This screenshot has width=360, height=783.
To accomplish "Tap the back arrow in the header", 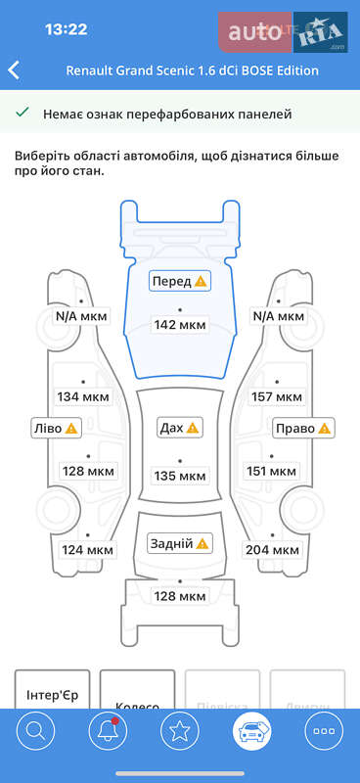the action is (x=14, y=70).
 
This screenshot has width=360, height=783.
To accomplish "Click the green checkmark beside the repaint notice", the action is (x=22, y=114).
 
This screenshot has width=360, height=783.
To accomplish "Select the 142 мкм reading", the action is (x=180, y=325).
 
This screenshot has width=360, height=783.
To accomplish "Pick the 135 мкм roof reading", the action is (x=180, y=476).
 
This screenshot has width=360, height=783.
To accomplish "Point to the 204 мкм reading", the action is (x=272, y=550).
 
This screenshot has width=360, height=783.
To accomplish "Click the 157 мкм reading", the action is (x=277, y=396).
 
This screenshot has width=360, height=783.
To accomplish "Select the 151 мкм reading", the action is (x=271, y=471).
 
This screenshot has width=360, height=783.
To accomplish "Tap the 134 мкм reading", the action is (x=82, y=396).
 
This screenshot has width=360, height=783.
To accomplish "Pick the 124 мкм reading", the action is (x=88, y=550).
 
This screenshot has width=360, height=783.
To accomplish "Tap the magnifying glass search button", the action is (x=35, y=730).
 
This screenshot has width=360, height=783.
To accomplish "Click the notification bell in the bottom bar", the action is (x=107, y=730).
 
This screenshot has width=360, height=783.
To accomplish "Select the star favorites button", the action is (x=179, y=730).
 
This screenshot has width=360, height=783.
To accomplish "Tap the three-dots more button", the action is (x=323, y=730).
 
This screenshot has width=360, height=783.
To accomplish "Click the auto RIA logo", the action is (x=285, y=32).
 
